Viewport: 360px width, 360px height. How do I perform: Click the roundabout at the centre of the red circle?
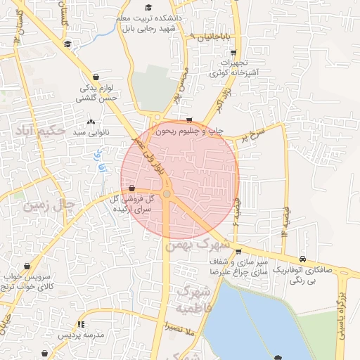(x=167, y=194)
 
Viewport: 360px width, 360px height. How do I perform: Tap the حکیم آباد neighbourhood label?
(x=39, y=130)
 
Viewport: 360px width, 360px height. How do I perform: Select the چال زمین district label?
(x=49, y=206)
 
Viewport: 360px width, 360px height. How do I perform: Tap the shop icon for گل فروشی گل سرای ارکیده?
(x=132, y=188)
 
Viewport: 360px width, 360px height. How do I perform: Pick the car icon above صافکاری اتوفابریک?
(x=302, y=259)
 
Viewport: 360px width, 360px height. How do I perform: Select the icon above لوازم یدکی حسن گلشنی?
(x=96, y=77)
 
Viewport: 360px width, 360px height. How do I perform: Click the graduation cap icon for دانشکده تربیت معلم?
(x=148, y=7)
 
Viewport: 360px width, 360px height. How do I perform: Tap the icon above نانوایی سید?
(x=91, y=122)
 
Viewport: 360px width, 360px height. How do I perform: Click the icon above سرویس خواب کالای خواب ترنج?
(x=27, y=266)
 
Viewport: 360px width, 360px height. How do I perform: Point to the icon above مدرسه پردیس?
(x=81, y=324)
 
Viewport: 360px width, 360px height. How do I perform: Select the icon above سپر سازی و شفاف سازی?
(x=238, y=250)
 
